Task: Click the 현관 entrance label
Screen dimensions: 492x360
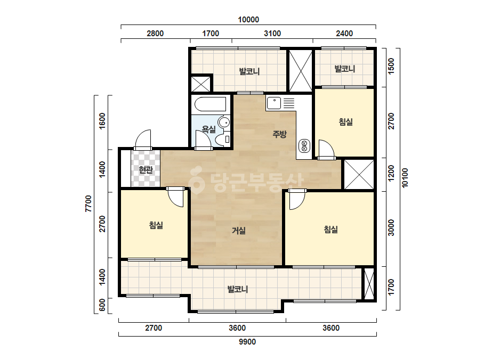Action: (146, 170)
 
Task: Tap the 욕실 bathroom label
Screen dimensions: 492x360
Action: (208, 129)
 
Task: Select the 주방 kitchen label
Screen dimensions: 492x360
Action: (279, 134)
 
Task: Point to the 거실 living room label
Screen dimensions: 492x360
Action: (238, 231)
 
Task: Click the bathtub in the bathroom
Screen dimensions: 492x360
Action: (210, 104)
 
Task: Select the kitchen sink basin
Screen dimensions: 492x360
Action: (274, 103)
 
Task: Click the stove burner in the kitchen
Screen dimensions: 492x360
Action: (304, 145)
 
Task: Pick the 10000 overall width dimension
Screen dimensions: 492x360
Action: (248, 20)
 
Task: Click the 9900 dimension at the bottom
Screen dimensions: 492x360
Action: (247, 342)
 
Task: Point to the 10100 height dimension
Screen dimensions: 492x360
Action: (405, 178)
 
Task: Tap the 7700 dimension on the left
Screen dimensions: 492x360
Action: (88, 204)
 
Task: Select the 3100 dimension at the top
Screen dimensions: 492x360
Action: (272, 33)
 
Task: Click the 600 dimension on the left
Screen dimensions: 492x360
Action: (102, 305)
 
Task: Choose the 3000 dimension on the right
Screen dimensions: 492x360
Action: (391, 228)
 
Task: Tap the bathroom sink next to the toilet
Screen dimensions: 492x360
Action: (224, 122)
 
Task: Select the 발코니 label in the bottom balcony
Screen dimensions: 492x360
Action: (238, 289)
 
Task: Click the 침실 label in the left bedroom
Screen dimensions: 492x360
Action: (156, 225)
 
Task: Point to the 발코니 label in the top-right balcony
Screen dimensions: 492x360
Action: (344, 69)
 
